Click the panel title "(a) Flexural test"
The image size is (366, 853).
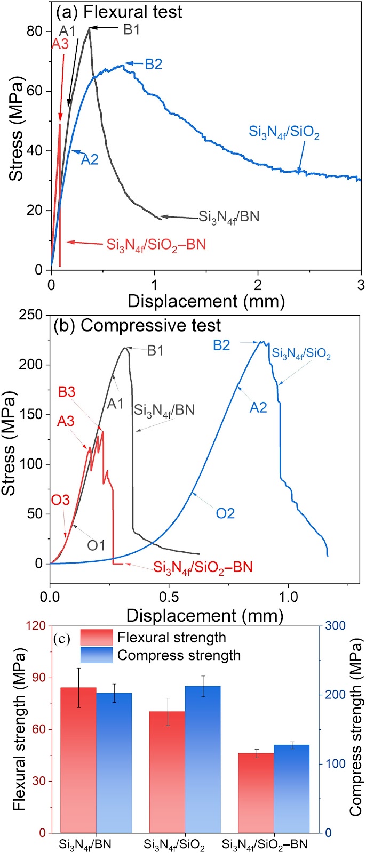(119, 12)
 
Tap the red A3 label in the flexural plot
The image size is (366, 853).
(60, 44)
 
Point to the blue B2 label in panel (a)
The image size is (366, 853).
(154, 64)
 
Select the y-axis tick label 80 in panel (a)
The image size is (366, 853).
(34, 31)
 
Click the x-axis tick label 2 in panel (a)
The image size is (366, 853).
(258, 285)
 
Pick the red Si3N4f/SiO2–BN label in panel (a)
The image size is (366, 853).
(156, 245)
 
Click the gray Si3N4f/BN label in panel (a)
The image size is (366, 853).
(229, 217)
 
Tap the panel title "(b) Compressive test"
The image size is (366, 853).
(137, 326)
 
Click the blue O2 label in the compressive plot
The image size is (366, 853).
(225, 513)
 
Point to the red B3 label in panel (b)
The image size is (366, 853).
(67, 392)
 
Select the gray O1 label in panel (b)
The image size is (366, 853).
(96, 546)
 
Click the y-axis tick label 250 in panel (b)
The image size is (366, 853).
(31, 315)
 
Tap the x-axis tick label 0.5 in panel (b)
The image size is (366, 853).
(169, 597)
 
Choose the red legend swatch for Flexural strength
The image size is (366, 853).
(97, 637)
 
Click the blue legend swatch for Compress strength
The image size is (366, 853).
(97, 655)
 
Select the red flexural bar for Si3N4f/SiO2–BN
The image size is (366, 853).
(256, 793)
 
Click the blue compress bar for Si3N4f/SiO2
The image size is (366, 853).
(203, 759)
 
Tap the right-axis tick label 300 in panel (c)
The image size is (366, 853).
(335, 626)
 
